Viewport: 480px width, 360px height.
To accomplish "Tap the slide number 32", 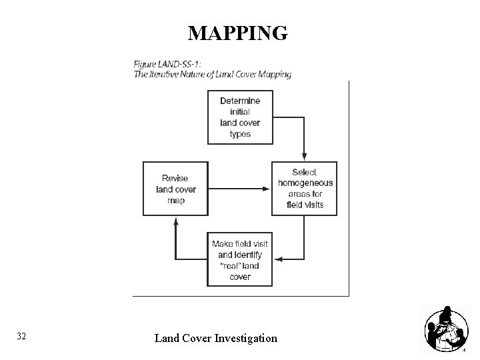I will pyautogui.click(x=21, y=337).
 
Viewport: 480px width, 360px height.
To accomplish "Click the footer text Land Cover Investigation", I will pyautogui.click(x=215, y=338).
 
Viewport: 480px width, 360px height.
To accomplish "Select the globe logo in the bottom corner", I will pyautogui.click(x=444, y=330).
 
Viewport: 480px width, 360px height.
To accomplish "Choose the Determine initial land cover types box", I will pyautogui.click(x=240, y=117).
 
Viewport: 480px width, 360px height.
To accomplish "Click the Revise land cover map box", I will pyautogui.click(x=175, y=189).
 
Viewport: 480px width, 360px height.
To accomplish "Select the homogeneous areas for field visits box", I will pyautogui.click(x=304, y=188).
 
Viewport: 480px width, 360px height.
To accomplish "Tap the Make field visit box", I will pyautogui.click(x=240, y=260).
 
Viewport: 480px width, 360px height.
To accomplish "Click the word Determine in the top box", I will pyautogui.click(x=240, y=101).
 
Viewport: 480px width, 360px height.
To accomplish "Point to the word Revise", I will pyautogui.click(x=175, y=178).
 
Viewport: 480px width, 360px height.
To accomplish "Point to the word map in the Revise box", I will pyautogui.click(x=175, y=200).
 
